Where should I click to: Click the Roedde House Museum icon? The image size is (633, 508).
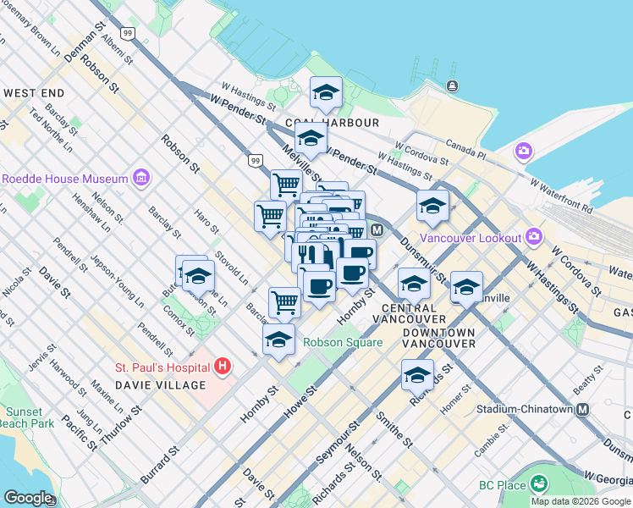click(x=140, y=179)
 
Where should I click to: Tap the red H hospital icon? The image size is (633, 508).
click(x=222, y=367)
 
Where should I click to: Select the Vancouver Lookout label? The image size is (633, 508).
click(x=472, y=238)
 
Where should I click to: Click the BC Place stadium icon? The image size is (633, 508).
click(x=538, y=485)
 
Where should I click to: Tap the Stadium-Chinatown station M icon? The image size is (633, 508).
click(x=582, y=410)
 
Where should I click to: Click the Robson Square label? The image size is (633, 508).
click(x=344, y=343)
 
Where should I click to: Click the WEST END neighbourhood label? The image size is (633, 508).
click(x=34, y=92)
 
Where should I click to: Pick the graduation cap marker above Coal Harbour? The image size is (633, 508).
click(x=326, y=93)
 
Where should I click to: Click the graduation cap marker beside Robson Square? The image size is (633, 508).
click(x=279, y=340)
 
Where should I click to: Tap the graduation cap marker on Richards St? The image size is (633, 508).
click(x=417, y=374)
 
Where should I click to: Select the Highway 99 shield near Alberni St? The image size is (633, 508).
click(x=127, y=33)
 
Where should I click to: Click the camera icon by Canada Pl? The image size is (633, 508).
click(x=524, y=151)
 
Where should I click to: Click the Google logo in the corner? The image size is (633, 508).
click(x=29, y=498)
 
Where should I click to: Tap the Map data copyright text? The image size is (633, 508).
click(x=581, y=501)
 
